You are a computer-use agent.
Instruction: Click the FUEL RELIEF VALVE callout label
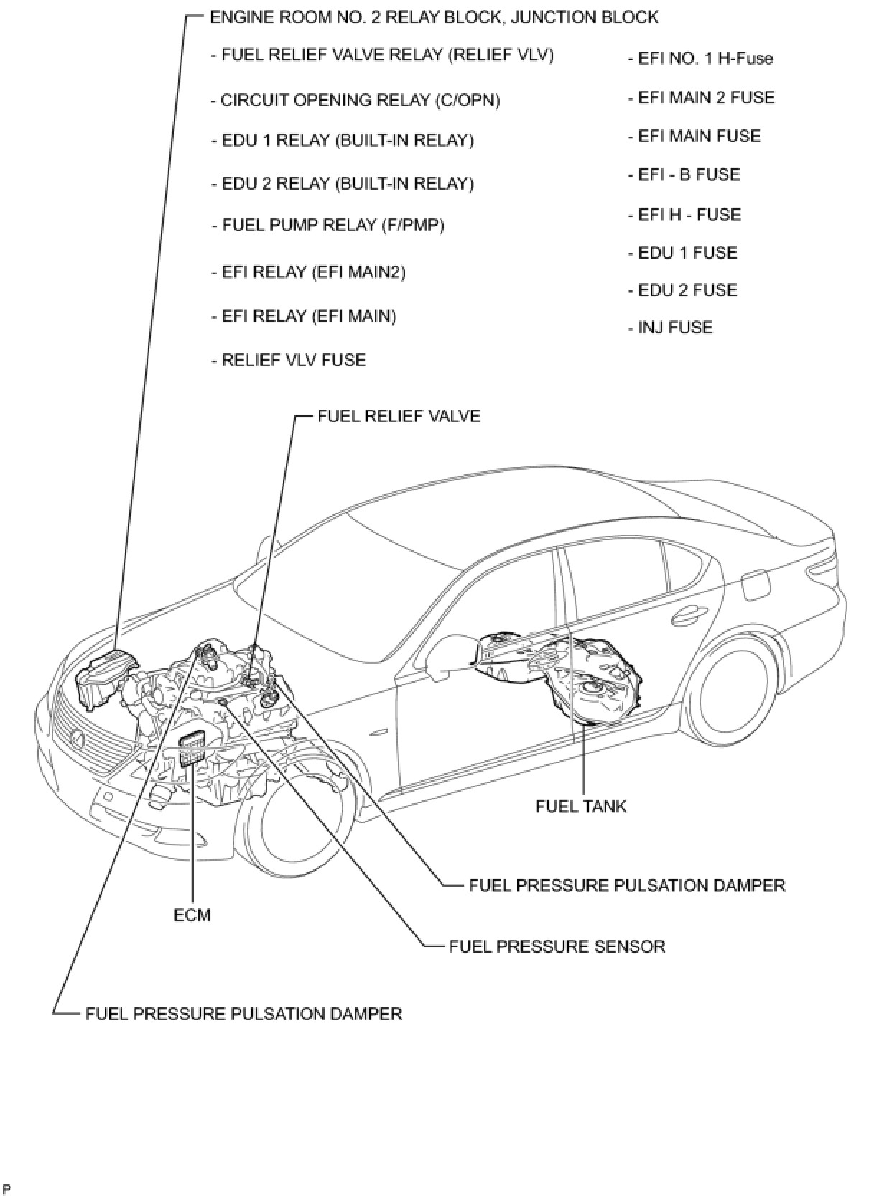[x=399, y=416]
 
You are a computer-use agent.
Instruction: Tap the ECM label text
[x=192, y=915]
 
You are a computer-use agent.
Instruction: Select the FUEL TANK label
[x=580, y=806]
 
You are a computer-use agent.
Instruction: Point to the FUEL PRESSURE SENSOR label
[x=557, y=946]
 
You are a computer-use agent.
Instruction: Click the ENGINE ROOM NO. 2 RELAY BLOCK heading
[x=433, y=17]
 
